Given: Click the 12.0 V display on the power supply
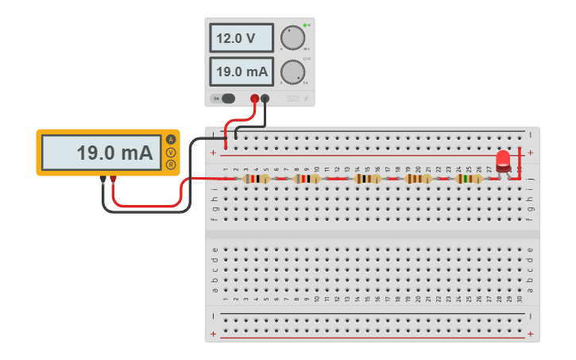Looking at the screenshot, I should (242, 37).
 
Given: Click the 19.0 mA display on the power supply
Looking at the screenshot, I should (242, 72).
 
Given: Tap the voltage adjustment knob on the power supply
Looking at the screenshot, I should (292, 38).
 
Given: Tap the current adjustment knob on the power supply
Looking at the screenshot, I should (292, 72).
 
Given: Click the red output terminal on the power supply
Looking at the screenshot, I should (255, 99).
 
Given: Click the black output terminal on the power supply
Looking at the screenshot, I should (265, 99).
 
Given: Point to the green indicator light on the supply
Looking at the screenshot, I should (304, 25).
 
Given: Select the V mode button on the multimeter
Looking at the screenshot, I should (170, 153).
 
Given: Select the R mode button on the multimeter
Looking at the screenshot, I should (170, 165).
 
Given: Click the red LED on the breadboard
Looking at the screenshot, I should (503, 161).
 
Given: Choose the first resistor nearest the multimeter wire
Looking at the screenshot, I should (257, 179).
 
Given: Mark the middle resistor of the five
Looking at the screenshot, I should (368, 179).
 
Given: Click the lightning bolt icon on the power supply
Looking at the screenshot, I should (307, 99).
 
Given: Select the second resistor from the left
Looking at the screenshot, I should (307, 179).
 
